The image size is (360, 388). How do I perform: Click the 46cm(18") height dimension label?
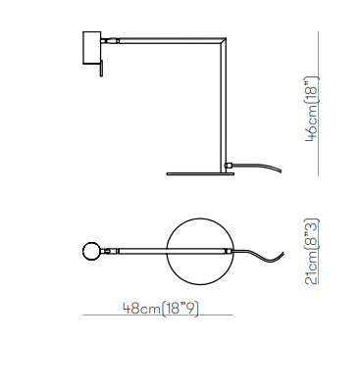[311, 109]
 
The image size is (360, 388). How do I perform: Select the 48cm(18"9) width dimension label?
[161, 308]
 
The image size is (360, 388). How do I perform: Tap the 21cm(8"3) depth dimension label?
[311, 252]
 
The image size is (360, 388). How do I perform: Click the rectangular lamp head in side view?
[91, 48]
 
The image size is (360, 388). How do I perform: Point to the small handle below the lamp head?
[101, 69]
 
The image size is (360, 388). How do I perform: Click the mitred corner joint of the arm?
[223, 41]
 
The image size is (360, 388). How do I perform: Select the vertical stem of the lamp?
[223, 106]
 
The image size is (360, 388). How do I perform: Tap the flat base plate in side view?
[200, 173]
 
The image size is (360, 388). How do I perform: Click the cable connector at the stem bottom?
[229, 166]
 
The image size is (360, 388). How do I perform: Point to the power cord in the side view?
[258, 167]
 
